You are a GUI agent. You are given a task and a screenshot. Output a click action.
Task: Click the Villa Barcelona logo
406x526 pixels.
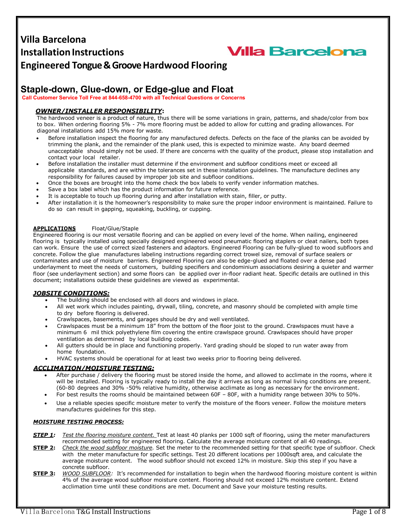(x=296, y=52)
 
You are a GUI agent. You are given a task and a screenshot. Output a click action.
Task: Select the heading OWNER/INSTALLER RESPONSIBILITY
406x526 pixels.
(x=99, y=111)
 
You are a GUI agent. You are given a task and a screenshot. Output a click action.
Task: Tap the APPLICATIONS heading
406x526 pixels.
(x=54, y=228)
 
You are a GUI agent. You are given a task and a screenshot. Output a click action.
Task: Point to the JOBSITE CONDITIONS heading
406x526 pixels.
(x=71, y=293)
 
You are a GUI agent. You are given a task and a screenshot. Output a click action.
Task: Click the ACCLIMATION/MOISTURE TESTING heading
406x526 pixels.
(x=94, y=368)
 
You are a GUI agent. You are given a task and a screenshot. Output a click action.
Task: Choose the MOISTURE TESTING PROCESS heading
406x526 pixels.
(x=78, y=422)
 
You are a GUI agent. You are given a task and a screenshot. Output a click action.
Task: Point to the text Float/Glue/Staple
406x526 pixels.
(x=115, y=228)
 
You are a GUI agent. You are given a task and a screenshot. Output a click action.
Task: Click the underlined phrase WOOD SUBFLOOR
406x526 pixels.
(x=87, y=473)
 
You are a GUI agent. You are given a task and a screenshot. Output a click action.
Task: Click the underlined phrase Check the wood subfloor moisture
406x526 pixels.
(x=107, y=448)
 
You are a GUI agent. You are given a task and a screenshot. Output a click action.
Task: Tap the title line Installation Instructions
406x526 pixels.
(x=72, y=52)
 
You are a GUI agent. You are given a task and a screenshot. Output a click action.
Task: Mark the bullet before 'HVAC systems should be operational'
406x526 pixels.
(x=47, y=359)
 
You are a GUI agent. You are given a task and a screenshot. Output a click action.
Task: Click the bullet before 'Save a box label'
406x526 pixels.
(x=38, y=190)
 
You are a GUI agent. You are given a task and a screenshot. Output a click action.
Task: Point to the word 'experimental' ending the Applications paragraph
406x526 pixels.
(x=221, y=280)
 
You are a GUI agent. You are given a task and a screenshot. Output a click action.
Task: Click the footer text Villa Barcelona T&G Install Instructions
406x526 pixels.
(x=85, y=512)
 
